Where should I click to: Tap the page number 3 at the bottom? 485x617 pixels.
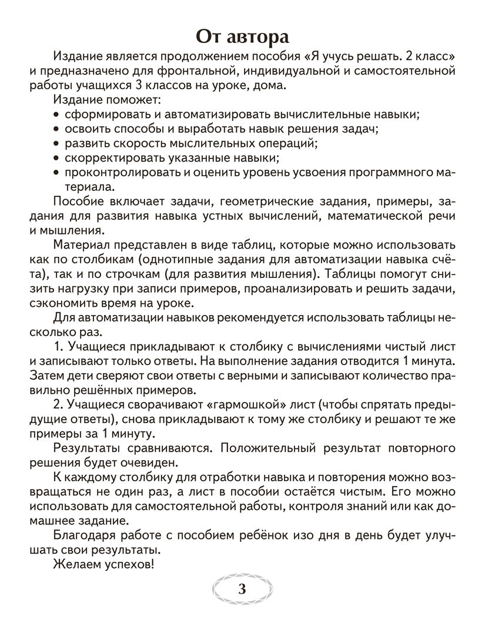(x=242, y=590)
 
